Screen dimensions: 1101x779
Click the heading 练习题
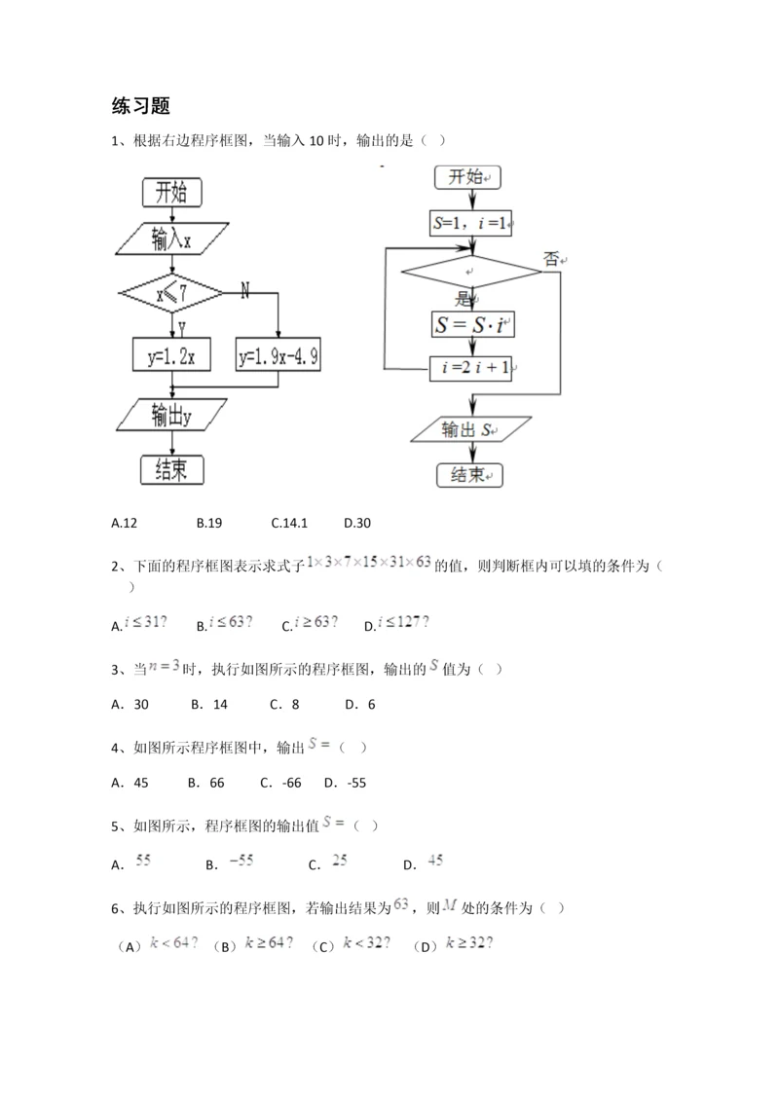(x=141, y=106)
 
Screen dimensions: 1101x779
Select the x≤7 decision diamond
(x=171, y=291)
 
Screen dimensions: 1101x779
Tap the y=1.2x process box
(x=172, y=356)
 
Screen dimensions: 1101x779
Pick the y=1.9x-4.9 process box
(x=278, y=356)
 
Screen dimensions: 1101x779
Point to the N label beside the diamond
(x=244, y=289)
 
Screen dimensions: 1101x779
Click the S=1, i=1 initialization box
(x=471, y=223)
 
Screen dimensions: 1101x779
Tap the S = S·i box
(x=471, y=324)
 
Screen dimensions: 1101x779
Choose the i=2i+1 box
(x=471, y=369)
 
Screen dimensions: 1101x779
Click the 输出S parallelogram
(x=471, y=429)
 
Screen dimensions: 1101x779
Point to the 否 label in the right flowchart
(x=553, y=259)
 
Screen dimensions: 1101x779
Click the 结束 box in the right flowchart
(x=471, y=474)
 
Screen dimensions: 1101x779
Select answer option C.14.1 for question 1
(x=289, y=523)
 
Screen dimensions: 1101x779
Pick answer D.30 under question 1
(x=357, y=523)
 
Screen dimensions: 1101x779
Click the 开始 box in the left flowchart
(x=171, y=192)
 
